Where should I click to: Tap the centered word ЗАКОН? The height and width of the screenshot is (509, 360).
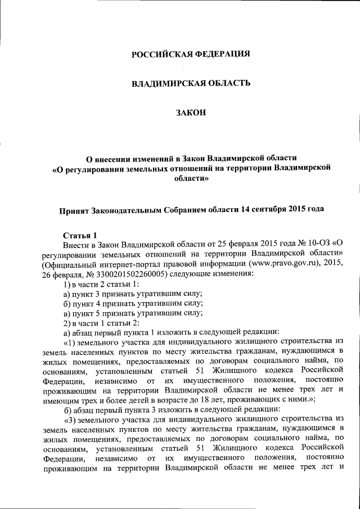[191, 112]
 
